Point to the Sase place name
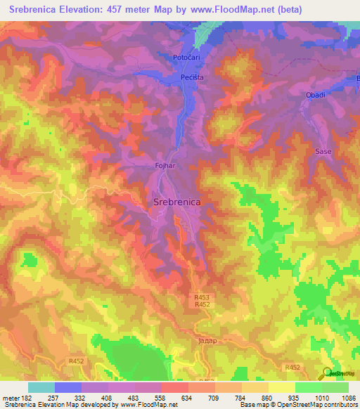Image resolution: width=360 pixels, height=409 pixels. (x=323, y=152)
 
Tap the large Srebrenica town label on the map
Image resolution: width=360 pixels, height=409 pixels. (x=176, y=202)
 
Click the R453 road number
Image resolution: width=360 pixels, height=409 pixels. (x=202, y=297)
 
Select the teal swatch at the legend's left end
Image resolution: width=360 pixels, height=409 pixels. (x=41, y=387)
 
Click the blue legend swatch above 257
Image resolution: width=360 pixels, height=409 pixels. (x=68, y=387)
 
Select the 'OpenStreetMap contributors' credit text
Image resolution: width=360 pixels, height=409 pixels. (x=320, y=405)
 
